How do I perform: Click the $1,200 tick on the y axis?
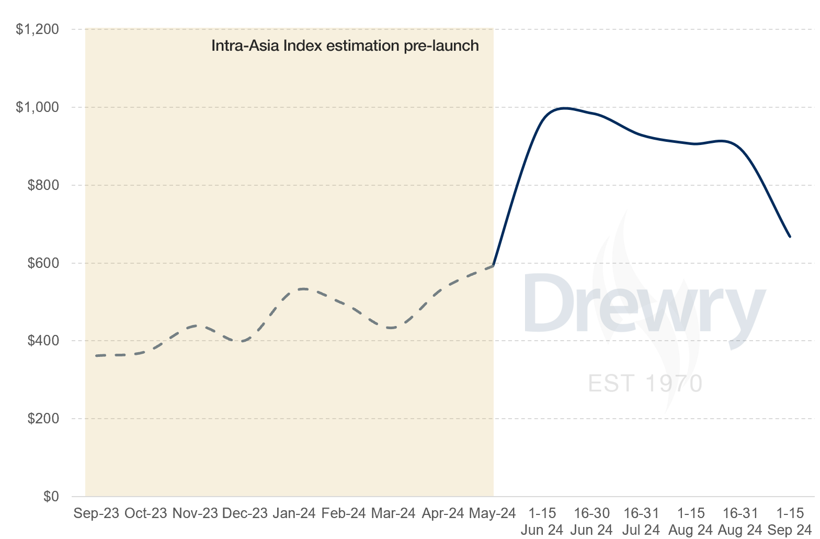click(37, 30)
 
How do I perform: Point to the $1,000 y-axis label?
click(37, 108)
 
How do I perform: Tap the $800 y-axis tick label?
click(43, 185)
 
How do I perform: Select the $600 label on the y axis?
click(43, 263)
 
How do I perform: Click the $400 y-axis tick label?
click(43, 341)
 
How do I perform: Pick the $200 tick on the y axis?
click(43, 419)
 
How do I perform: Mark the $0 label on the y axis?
click(51, 496)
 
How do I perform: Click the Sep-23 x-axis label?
click(96, 513)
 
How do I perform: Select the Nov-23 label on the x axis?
click(195, 513)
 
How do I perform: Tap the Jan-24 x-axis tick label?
click(294, 513)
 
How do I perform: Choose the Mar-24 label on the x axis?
click(393, 513)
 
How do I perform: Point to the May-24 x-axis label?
click(492, 513)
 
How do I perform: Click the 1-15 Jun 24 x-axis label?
click(542, 522)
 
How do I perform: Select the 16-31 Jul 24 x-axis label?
click(641, 522)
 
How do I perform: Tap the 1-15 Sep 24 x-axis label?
click(790, 522)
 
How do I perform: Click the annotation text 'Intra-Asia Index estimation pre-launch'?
click(345, 46)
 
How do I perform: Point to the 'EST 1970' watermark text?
click(645, 384)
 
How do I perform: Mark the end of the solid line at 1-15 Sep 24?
click(790, 237)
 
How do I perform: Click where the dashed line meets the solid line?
click(493, 266)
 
